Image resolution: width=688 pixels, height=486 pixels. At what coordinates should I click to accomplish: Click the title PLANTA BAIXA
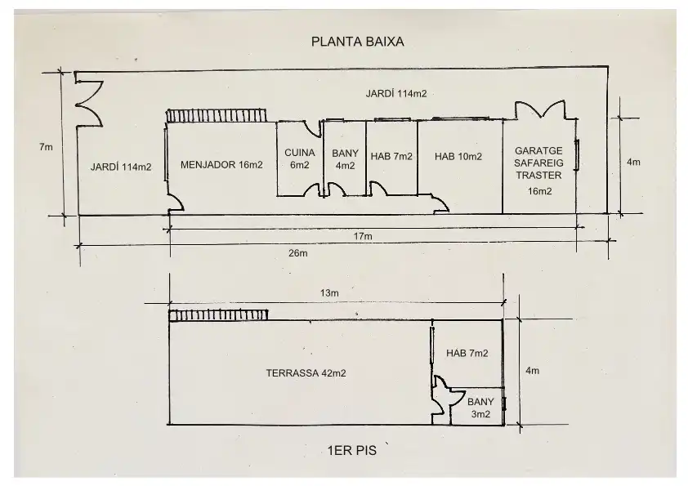(x=358, y=42)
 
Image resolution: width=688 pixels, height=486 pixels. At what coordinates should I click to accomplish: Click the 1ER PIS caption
(x=352, y=451)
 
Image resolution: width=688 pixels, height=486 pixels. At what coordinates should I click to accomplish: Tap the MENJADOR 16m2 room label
(x=221, y=165)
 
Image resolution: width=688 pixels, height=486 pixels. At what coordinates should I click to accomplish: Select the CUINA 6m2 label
(x=300, y=158)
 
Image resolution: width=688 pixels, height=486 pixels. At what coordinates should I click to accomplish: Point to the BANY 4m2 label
(x=346, y=159)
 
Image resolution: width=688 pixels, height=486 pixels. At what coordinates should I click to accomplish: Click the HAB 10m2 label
(x=458, y=157)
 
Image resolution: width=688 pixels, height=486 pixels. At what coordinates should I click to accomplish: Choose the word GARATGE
(x=538, y=151)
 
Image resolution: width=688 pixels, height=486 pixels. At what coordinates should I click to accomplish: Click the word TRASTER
(x=538, y=176)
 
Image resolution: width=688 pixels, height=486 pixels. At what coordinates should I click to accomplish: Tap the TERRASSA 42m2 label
(x=306, y=373)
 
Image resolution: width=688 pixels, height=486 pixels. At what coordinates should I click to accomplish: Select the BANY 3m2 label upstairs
(x=481, y=408)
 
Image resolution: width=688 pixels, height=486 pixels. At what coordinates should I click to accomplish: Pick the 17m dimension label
(x=363, y=236)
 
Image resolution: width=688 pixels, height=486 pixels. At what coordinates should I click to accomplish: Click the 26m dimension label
(x=298, y=253)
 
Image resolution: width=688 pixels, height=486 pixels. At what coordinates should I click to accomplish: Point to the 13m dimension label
(x=329, y=293)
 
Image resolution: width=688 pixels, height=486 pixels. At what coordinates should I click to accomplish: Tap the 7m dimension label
(x=46, y=147)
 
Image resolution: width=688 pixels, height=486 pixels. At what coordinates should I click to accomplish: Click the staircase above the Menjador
(x=217, y=116)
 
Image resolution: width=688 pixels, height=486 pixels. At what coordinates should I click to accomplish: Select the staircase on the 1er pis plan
(x=218, y=315)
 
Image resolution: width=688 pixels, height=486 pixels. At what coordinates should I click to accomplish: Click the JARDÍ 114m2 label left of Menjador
(x=121, y=167)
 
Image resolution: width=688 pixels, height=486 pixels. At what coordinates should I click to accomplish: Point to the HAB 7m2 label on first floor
(x=467, y=354)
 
